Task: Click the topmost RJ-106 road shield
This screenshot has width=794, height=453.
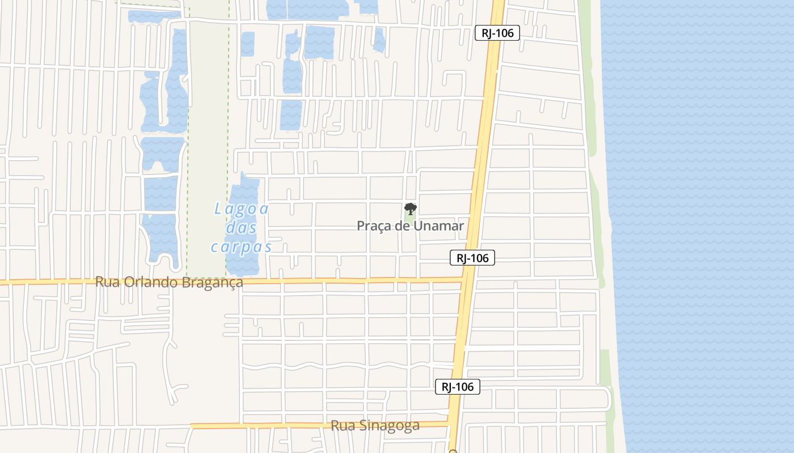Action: pyautogui.click(x=497, y=33)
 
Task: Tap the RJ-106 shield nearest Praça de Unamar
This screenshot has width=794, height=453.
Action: pyautogui.click(x=472, y=258)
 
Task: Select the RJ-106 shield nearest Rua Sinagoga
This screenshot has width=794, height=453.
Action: pyautogui.click(x=458, y=387)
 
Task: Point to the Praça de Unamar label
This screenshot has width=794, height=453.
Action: pyautogui.click(x=410, y=226)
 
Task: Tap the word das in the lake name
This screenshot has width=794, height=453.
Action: pyautogui.click(x=241, y=228)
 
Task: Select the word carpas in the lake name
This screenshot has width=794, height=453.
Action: pyautogui.click(x=242, y=247)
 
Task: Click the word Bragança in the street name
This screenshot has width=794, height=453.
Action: pyautogui.click(x=213, y=282)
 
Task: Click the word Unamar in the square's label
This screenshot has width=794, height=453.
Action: pyautogui.click(x=438, y=226)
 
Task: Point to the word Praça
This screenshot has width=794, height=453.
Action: pyautogui.click(x=374, y=226)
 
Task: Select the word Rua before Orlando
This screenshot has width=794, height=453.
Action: pyautogui.click(x=106, y=282)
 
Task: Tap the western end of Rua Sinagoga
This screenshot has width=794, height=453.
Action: pyautogui.click(x=192, y=426)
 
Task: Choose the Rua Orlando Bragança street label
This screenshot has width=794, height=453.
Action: pyautogui.click(x=169, y=282)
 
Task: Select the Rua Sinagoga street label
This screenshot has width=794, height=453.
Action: pyautogui.click(x=375, y=426)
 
